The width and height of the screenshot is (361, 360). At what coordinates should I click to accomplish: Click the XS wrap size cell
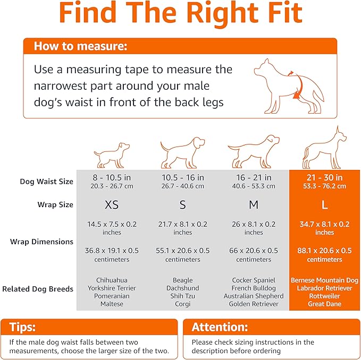tap(112, 205)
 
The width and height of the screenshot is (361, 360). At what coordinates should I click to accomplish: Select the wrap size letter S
tap(183, 205)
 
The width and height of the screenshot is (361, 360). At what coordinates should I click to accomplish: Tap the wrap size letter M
tap(254, 205)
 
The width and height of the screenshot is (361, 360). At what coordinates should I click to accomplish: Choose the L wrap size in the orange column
tap(324, 205)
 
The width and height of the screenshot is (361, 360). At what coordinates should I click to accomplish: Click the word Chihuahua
tap(112, 280)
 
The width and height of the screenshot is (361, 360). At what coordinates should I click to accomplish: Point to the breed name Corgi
tap(183, 304)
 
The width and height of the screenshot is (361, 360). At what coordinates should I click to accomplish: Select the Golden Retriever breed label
tap(254, 304)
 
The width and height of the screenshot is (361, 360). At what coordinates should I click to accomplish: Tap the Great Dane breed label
tap(324, 304)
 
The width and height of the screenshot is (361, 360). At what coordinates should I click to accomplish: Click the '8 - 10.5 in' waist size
tap(112, 177)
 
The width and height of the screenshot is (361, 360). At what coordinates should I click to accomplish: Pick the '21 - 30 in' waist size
tap(324, 177)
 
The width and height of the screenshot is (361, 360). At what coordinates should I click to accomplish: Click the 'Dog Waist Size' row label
tap(46, 182)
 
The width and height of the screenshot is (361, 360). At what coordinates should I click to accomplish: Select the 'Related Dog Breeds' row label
tap(38, 289)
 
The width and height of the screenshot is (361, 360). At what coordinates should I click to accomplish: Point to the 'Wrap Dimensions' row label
tap(41, 242)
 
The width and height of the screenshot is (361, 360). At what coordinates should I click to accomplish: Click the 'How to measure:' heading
tap(80, 46)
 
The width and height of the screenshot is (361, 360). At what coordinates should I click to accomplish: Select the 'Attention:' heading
tap(220, 327)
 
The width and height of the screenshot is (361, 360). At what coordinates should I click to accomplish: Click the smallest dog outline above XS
tap(112, 154)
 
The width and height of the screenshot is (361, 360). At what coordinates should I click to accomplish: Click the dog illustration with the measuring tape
tap(289, 85)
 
